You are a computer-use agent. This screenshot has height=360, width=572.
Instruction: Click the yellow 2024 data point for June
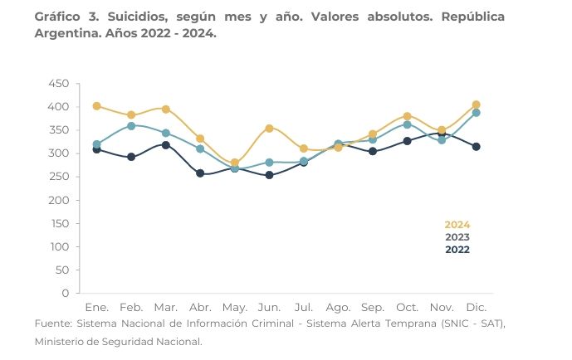269,129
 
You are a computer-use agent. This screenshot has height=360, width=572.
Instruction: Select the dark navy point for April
200,173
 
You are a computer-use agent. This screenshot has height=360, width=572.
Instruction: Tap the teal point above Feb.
131,126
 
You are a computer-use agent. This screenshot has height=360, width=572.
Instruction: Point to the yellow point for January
97,106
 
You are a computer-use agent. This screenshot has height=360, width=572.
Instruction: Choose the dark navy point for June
269,175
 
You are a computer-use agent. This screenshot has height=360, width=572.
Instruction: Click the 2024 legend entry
457,225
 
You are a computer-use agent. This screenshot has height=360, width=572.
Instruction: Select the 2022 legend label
457,249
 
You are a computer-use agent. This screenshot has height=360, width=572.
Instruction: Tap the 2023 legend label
457,237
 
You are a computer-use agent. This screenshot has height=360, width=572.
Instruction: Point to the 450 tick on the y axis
59,84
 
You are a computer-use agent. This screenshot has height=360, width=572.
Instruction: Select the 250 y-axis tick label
59,177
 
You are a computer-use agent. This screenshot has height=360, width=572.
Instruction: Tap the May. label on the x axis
234,307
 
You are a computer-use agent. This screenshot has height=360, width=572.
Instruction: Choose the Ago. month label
338,307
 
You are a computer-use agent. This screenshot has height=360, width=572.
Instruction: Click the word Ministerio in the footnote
65,340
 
